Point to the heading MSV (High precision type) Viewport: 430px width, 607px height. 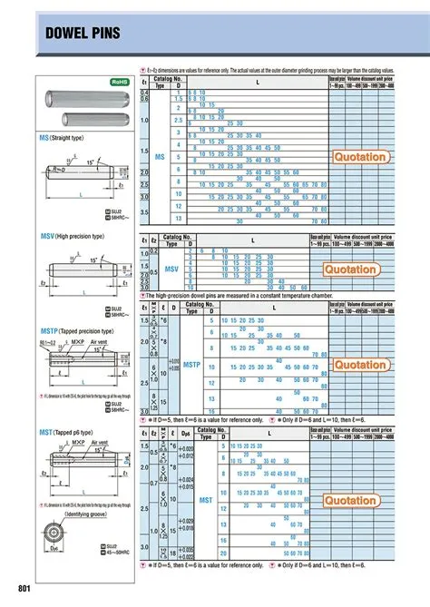(x=80, y=236)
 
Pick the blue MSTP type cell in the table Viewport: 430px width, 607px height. (x=191, y=365)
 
